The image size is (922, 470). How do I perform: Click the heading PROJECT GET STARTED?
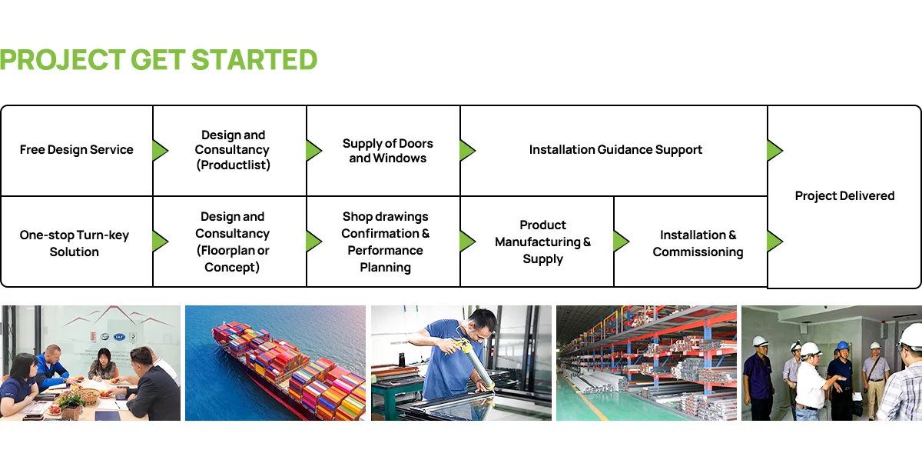click(158, 60)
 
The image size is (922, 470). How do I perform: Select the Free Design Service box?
click(77, 150)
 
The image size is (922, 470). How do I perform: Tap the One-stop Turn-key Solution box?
click(77, 242)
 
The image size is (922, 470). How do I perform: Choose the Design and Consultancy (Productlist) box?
click(230, 150)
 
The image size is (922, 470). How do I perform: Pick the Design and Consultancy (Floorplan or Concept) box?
click(230, 242)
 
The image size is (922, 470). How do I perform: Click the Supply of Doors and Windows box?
click(383, 150)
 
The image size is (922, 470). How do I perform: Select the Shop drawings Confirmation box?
click(383, 242)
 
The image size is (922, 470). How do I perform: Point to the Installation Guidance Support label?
click(615, 149)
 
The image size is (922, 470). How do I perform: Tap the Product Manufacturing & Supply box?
click(537, 242)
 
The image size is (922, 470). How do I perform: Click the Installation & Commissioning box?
click(691, 242)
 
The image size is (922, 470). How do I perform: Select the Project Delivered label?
click(844, 195)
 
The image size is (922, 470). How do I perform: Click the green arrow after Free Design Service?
click(160, 150)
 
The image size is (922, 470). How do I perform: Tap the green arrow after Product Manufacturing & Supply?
click(621, 242)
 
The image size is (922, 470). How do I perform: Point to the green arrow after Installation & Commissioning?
click(774, 242)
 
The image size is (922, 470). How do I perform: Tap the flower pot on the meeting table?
click(70, 404)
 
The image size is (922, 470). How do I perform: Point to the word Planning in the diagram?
click(385, 268)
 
